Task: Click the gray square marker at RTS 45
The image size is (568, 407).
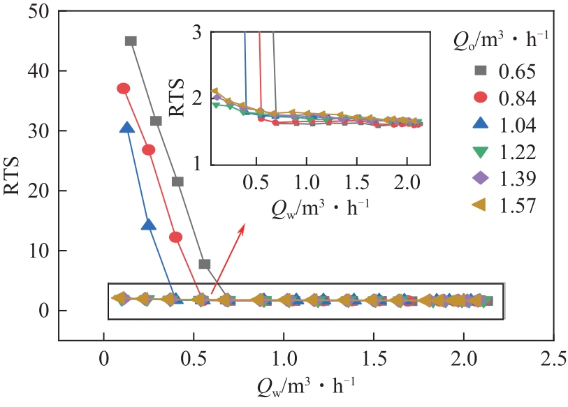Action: point(131,40)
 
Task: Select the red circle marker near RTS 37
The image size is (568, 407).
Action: point(124,89)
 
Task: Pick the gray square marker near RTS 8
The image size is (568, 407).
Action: point(205,264)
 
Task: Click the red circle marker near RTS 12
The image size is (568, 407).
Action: point(176,237)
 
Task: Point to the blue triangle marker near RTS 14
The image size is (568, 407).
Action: point(148,225)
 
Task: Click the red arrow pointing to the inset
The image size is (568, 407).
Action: point(227,254)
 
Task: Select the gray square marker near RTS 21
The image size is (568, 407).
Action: point(177,182)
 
